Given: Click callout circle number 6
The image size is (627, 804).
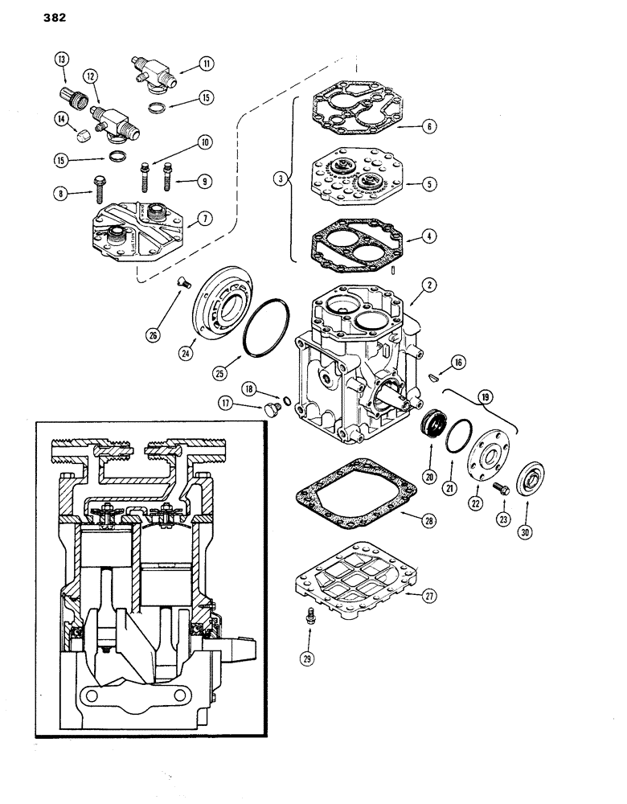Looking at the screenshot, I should [x=432, y=127].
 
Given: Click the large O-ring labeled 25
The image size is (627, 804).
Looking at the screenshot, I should [x=265, y=329].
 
